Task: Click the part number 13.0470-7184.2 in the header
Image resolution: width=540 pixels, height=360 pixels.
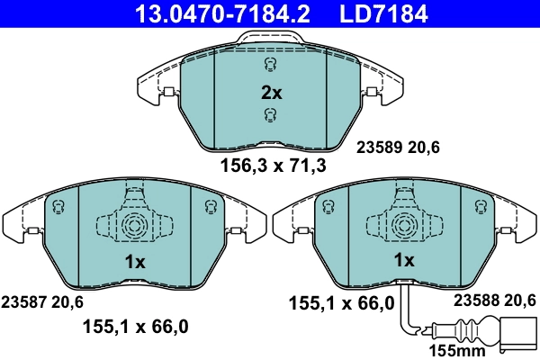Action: point(213,13)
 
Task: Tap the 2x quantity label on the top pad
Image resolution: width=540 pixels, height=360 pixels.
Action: point(271,92)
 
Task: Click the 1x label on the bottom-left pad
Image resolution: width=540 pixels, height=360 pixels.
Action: point(134,261)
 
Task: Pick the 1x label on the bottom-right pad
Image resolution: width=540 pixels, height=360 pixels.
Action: point(404,261)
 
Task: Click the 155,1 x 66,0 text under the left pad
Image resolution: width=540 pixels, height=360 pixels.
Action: point(135,328)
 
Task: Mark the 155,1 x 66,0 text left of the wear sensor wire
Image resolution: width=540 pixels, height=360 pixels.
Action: point(341,302)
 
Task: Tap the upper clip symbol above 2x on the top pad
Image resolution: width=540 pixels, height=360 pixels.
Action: point(269,66)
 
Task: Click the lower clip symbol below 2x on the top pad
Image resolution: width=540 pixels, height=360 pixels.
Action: point(269,113)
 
